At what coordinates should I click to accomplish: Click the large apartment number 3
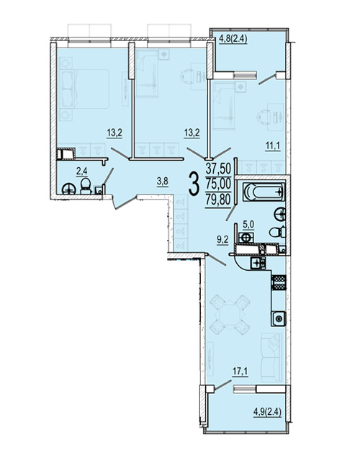[194, 184]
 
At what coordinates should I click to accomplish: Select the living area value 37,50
[218, 169]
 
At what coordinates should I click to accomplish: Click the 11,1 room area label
[272, 146]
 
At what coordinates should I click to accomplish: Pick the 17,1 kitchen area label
[240, 372]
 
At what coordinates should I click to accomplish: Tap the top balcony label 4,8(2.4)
[233, 39]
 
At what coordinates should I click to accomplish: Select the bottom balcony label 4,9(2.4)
[267, 412]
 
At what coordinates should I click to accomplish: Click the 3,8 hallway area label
[163, 182]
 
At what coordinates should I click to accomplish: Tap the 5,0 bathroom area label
[248, 225]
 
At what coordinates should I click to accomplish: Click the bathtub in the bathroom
[264, 192]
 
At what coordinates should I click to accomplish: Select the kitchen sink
[278, 318]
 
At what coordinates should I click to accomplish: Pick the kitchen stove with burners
[258, 262]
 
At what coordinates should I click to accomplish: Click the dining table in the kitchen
[230, 314]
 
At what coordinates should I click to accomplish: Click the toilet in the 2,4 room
[86, 186]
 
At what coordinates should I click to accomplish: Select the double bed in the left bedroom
[84, 89]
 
